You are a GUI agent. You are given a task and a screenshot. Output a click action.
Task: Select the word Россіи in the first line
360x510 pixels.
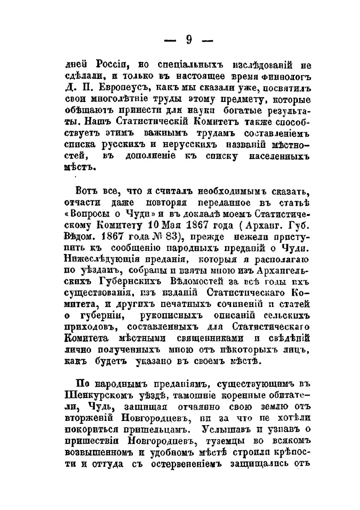point(113,65)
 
